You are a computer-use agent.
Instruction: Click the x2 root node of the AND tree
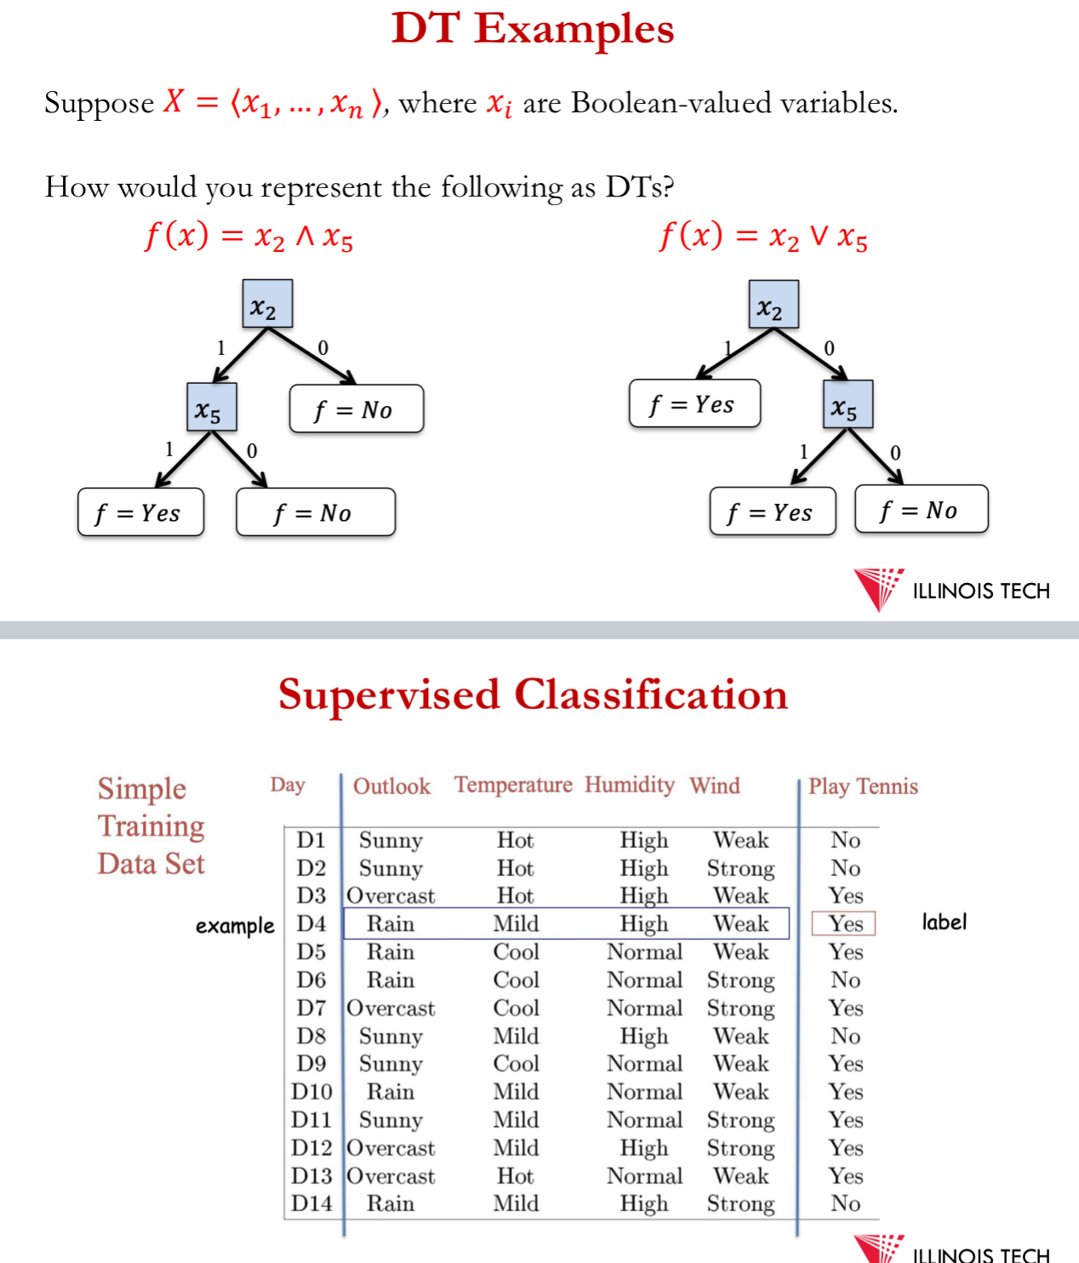click(267, 304)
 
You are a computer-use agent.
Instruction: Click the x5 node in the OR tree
click(847, 404)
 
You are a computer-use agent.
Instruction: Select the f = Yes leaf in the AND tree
click(140, 512)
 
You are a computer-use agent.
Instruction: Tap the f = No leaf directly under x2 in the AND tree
click(356, 409)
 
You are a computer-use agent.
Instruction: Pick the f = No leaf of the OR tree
click(921, 510)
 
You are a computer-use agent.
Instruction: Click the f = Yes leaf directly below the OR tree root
click(694, 404)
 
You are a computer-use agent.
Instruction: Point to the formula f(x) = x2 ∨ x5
click(763, 236)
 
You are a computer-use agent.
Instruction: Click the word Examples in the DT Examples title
click(574, 29)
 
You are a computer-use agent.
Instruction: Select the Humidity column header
click(630, 785)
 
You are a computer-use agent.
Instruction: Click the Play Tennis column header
click(863, 786)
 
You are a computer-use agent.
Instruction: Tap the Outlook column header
click(391, 786)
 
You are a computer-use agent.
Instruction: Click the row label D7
click(311, 1008)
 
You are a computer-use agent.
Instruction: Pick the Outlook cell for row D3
click(391, 895)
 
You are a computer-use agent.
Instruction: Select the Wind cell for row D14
click(740, 1203)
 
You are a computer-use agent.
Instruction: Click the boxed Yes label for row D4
click(845, 923)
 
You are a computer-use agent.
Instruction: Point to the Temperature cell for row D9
click(516, 1064)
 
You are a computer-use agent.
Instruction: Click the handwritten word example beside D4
click(235, 926)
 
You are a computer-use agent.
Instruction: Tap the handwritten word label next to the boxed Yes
click(944, 922)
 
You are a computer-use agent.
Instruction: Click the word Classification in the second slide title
click(651, 694)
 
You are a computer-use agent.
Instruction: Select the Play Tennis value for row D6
click(845, 980)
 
